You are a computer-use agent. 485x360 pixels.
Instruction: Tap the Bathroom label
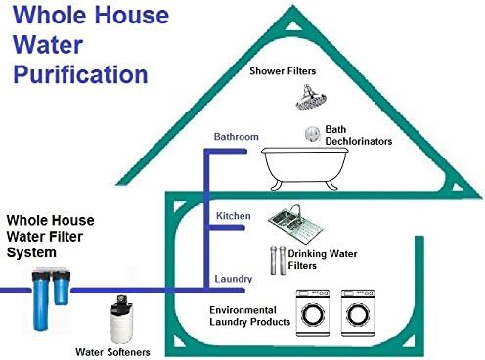[x=237, y=137]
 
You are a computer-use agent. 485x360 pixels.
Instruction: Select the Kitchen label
[x=234, y=215]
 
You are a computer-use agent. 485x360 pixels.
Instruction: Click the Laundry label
[x=234, y=279]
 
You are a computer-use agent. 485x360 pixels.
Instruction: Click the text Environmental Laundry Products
[x=250, y=314]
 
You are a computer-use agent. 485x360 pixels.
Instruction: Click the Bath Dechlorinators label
[x=358, y=135]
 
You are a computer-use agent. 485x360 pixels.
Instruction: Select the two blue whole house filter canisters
[x=50, y=293]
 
